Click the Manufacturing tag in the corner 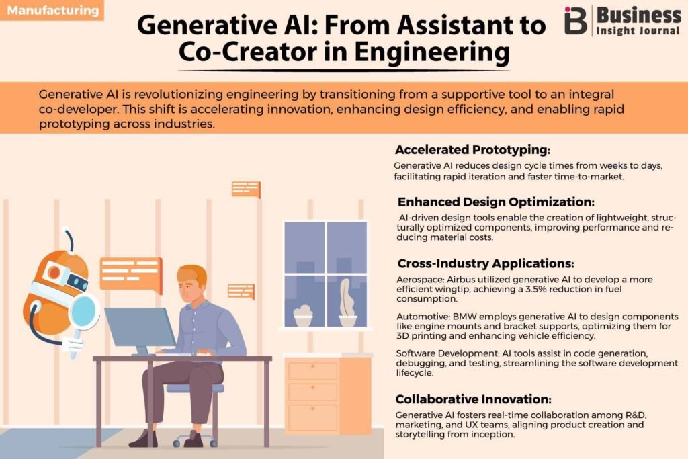click(x=52, y=10)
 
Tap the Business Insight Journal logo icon click(x=575, y=21)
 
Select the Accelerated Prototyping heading click(x=472, y=150)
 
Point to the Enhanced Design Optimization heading click(x=496, y=202)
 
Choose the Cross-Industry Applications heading click(x=486, y=263)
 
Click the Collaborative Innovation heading click(x=473, y=399)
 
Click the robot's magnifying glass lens click(x=83, y=310)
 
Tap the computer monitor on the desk click(x=140, y=328)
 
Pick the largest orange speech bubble click(x=131, y=275)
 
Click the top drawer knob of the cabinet click(x=313, y=366)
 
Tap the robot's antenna click(x=69, y=239)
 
